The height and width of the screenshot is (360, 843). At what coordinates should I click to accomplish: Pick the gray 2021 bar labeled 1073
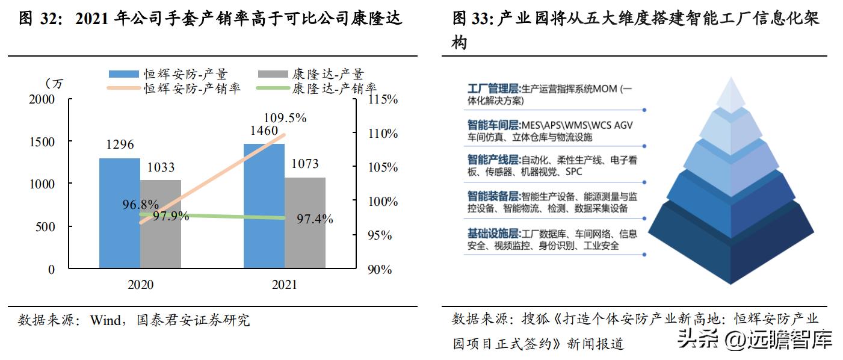[x=305, y=223]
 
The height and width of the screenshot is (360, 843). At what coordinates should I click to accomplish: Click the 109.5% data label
[x=285, y=118]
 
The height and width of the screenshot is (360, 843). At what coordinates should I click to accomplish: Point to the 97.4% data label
[x=315, y=219]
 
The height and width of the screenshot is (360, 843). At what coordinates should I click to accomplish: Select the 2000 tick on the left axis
[x=42, y=99]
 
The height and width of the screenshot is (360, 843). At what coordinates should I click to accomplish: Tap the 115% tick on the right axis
[x=382, y=99]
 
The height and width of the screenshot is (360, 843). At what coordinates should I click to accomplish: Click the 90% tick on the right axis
[x=379, y=270]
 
